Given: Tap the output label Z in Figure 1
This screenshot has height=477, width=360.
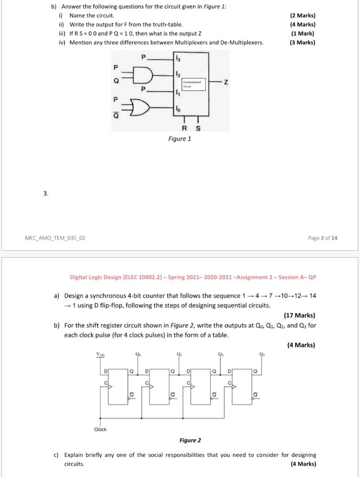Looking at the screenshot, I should tap(225, 83).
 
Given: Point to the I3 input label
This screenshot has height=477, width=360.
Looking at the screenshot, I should tap(177, 58).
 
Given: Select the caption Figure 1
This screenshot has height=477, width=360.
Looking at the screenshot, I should tap(180, 138).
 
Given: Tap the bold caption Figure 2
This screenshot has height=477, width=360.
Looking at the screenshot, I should tap(190, 440).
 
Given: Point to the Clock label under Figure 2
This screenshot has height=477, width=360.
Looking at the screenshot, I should tap(100, 429).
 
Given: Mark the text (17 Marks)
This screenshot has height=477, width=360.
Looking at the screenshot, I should tap(299, 315).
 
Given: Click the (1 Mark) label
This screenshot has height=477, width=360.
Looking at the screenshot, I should tap(302, 34).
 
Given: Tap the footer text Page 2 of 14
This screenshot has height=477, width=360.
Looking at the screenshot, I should tap(323, 238).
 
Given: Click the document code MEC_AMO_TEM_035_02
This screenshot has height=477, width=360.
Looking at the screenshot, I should tap(55, 238).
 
